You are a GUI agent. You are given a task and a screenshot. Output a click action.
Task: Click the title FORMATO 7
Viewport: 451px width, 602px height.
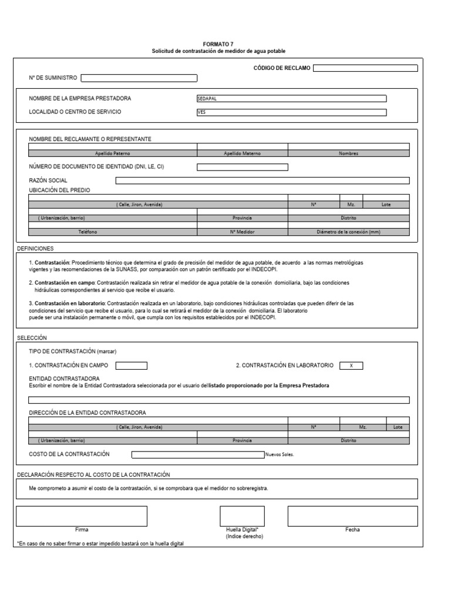(x=219, y=45)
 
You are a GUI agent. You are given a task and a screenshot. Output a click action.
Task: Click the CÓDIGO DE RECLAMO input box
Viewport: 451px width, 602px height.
(x=365, y=68)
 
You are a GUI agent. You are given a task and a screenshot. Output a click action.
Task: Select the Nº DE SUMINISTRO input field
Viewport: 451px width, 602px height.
(x=139, y=78)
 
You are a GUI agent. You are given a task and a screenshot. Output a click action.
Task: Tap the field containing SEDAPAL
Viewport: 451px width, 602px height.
(x=291, y=99)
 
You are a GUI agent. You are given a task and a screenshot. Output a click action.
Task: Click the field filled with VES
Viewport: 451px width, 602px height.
(x=291, y=112)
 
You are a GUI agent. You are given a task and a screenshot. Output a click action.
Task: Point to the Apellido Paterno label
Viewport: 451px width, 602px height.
(x=113, y=153)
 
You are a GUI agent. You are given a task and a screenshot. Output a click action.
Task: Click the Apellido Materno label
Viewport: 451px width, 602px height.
(x=242, y=153)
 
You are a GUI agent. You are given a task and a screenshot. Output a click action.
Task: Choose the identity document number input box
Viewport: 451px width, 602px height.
(x=242, y=167)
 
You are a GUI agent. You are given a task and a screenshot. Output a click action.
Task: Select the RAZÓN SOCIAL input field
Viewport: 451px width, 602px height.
(x=262, y=180)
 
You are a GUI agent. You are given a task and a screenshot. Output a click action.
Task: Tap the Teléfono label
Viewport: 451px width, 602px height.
(x=88, y=232)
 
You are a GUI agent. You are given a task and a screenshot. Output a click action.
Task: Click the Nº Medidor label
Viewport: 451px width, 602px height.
(x=242, y=232)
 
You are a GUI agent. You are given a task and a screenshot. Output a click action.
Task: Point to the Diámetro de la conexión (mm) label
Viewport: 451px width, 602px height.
(x=348, y=232)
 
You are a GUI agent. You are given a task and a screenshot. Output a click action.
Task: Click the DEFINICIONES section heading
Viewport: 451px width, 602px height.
(x=35, y=249)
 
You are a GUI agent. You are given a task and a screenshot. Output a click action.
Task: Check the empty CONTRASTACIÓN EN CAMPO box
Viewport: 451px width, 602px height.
(x=131, y=366)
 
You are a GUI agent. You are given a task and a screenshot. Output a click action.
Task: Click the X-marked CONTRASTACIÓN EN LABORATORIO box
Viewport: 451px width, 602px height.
(x=351, y=366)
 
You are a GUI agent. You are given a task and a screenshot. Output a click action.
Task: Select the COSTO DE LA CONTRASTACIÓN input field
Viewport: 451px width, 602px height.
(x=198, y=454)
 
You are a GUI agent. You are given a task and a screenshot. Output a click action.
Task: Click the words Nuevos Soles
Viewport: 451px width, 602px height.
(x=280, y=454)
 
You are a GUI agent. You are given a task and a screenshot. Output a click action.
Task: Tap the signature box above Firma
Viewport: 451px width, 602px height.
(x=82, y=516)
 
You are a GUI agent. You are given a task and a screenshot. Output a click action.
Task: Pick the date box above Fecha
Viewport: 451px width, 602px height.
(x=352, y=516)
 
